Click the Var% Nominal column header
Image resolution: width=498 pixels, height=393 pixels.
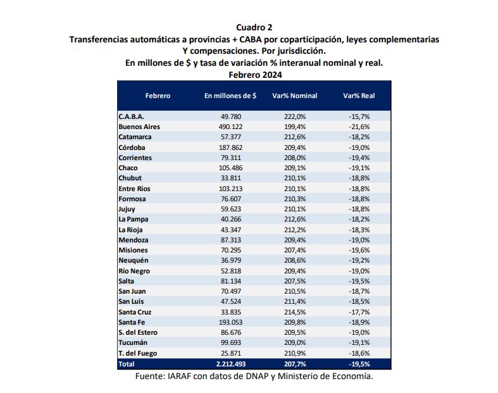click(294, 96)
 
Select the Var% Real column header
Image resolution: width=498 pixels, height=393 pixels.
click(359, 96)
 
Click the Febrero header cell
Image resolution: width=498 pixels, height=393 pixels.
click(158, 96)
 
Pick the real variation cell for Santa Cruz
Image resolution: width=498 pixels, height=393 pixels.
click(359, 312)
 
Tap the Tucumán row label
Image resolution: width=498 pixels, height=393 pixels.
click(134, 343)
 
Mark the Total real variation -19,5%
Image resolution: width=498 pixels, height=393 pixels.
click(359, 364)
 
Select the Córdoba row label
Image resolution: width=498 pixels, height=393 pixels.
click(132, 147)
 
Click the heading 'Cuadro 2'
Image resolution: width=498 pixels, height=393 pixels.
click(254, 27)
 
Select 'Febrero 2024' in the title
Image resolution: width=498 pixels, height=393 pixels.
click(254, 75)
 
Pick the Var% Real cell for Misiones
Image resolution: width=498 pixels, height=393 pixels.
click(359, 250)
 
